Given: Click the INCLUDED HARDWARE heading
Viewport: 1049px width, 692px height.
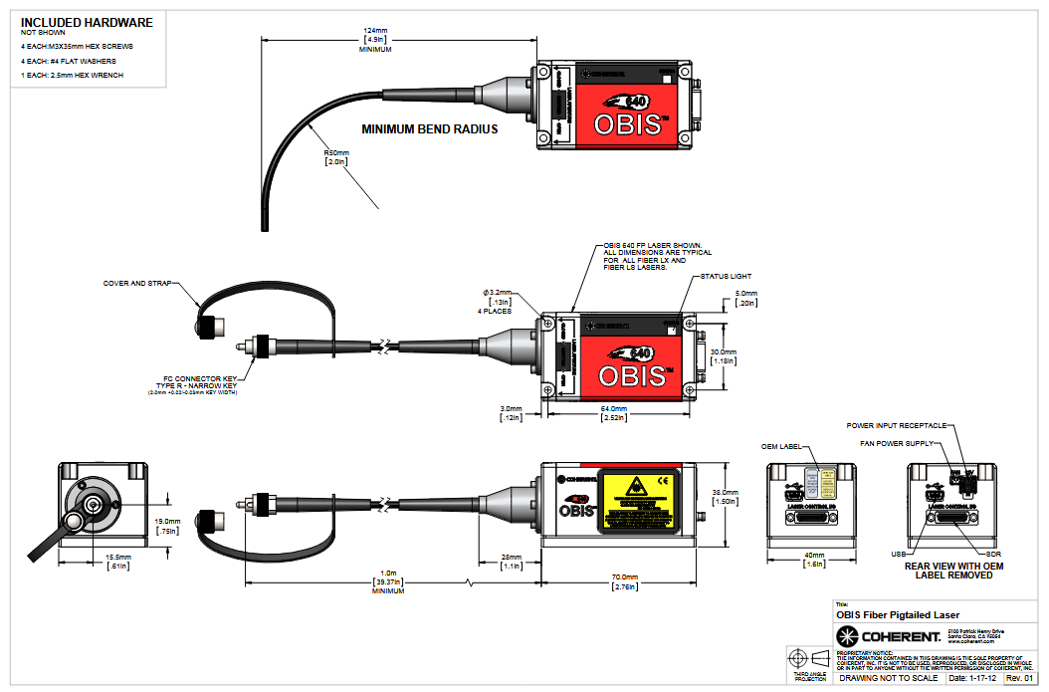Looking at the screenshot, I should tap(87, 21).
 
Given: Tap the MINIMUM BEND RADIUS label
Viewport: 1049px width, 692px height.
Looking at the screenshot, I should tap(429, 129).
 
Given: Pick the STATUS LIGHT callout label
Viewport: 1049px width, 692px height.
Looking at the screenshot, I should tap(726, 276).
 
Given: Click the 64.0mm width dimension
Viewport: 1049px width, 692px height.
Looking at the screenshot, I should tap(613, 408).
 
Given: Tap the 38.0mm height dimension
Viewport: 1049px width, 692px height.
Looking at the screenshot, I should tap(726, 492).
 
